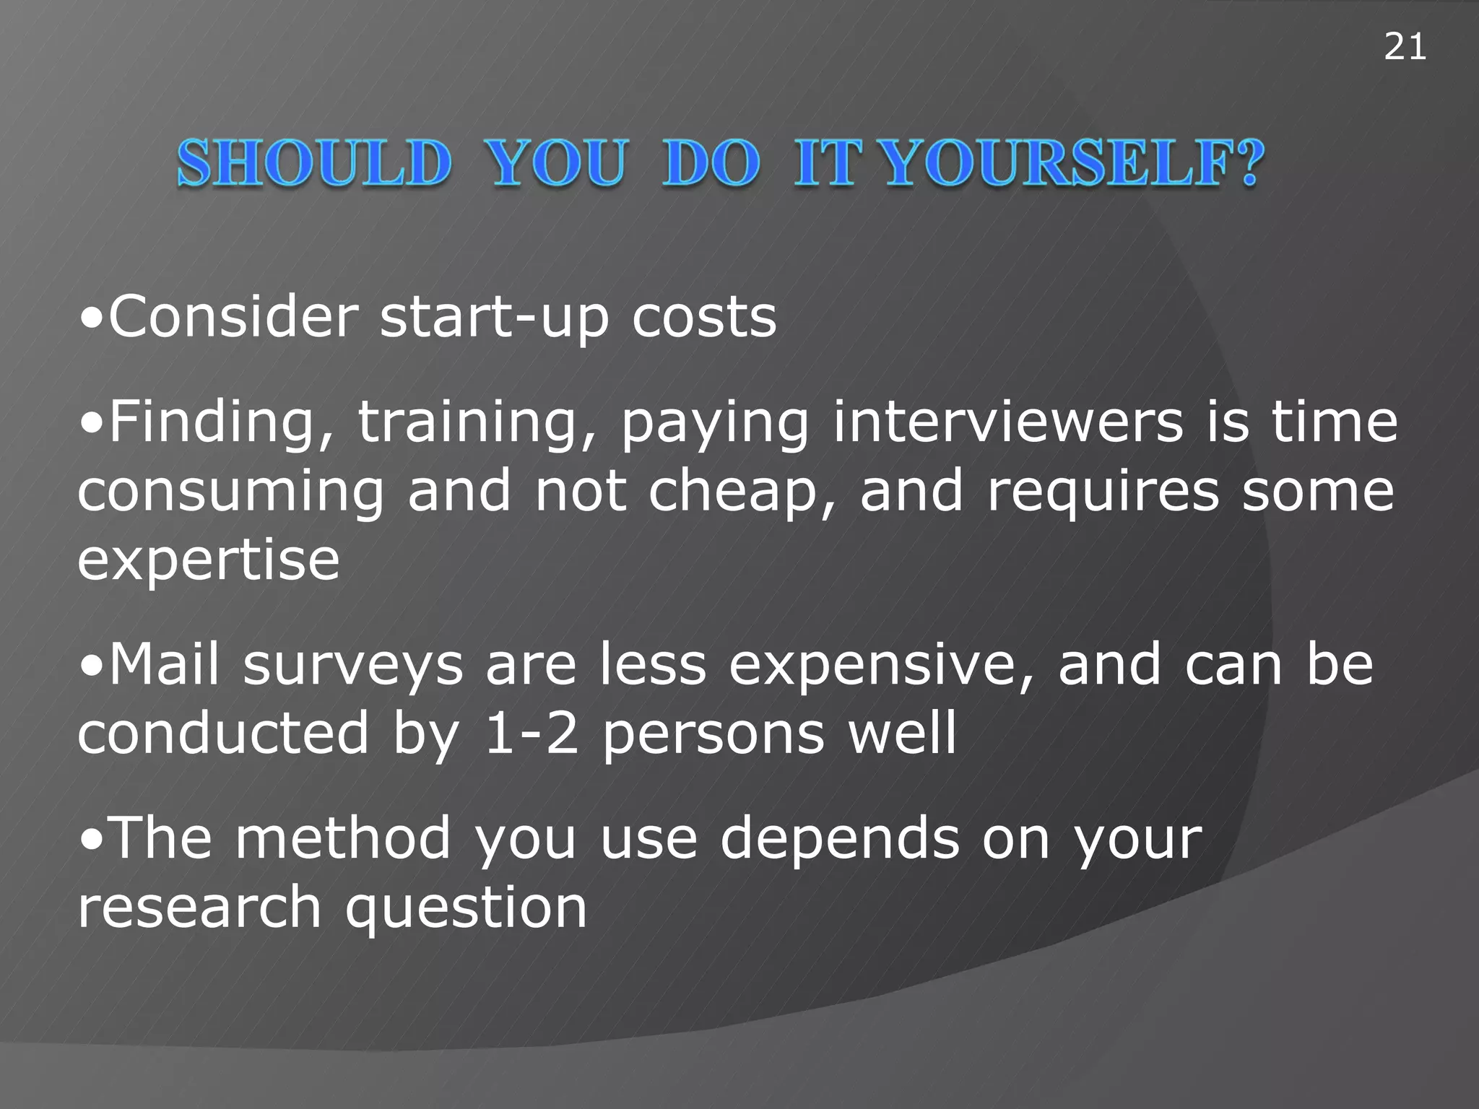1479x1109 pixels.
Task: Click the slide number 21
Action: click(1405, 48)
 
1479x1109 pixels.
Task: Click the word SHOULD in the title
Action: click(314, 163)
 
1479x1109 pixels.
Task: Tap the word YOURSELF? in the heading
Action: click(1074, 163)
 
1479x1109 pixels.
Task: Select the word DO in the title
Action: click(711, 163)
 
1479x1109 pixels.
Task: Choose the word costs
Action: click(704, 318)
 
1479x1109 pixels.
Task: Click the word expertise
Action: click(209, 562)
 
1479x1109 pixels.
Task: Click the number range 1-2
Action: click(532, 734)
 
